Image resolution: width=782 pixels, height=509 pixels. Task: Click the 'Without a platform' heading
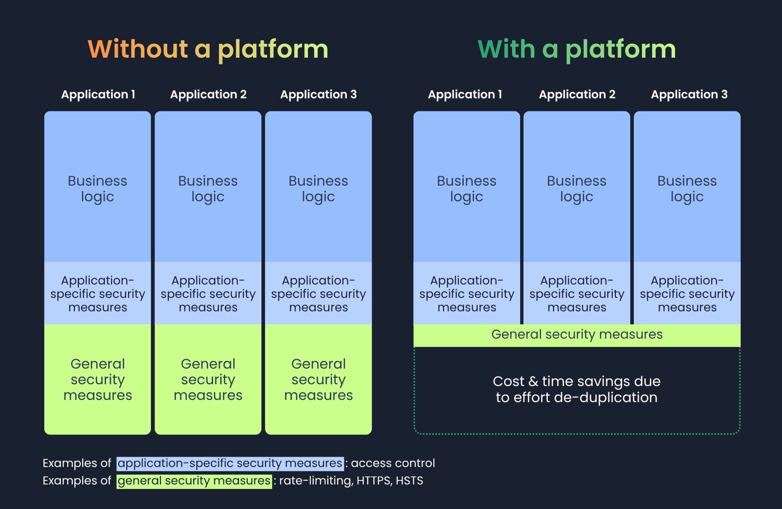pyautogui.click(x=208, y=49)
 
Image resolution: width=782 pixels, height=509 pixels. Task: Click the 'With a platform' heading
pyautogui.click(x=576, y=49)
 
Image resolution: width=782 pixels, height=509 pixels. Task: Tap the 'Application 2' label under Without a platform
pyautogui.click(x=208, y=94)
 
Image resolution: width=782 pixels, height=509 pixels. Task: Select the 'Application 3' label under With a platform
pyautogui.click(x=689, y=94)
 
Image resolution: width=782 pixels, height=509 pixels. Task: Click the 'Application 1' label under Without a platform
pyautogui.click(x=98, y=94)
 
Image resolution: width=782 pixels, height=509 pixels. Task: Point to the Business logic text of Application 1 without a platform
pyautogui.click(x=98, y=188)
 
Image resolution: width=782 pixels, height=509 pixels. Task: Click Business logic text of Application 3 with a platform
pyautogui.click(x=687, y=188)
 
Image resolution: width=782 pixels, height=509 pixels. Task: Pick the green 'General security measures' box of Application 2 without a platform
pyautogui.click(x=208, y=379)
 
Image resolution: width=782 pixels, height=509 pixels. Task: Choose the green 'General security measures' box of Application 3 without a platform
pyautogui.click(x=318, y=379)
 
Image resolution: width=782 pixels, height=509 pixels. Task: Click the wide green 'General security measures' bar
pyautogui.click(x=576, y=335)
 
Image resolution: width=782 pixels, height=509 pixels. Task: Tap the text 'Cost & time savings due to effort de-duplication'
pyautogui.click(x=576, y=389)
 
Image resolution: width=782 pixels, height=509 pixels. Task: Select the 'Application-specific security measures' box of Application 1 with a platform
pyautogui.click(x=466, y=294)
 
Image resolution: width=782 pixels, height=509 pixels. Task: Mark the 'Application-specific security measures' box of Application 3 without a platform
pyautogui.click(x=318, y=294)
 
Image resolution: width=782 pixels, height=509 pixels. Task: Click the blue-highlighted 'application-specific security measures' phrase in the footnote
pyautogui.click(x=230, y=463)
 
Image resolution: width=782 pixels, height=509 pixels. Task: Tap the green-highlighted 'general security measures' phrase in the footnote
pyautogui.click(x=194, y=481)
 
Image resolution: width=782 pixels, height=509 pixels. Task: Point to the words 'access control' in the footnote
pyautogui.click(x=393, y=463)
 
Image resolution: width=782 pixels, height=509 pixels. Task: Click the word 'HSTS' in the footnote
pyautogui.click(x=409, y=481)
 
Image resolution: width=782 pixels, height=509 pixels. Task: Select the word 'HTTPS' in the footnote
pyautogui.click(x=374, y=481)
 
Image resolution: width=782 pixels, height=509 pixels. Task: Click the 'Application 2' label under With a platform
pyautogui.click(x=577, y=94)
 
